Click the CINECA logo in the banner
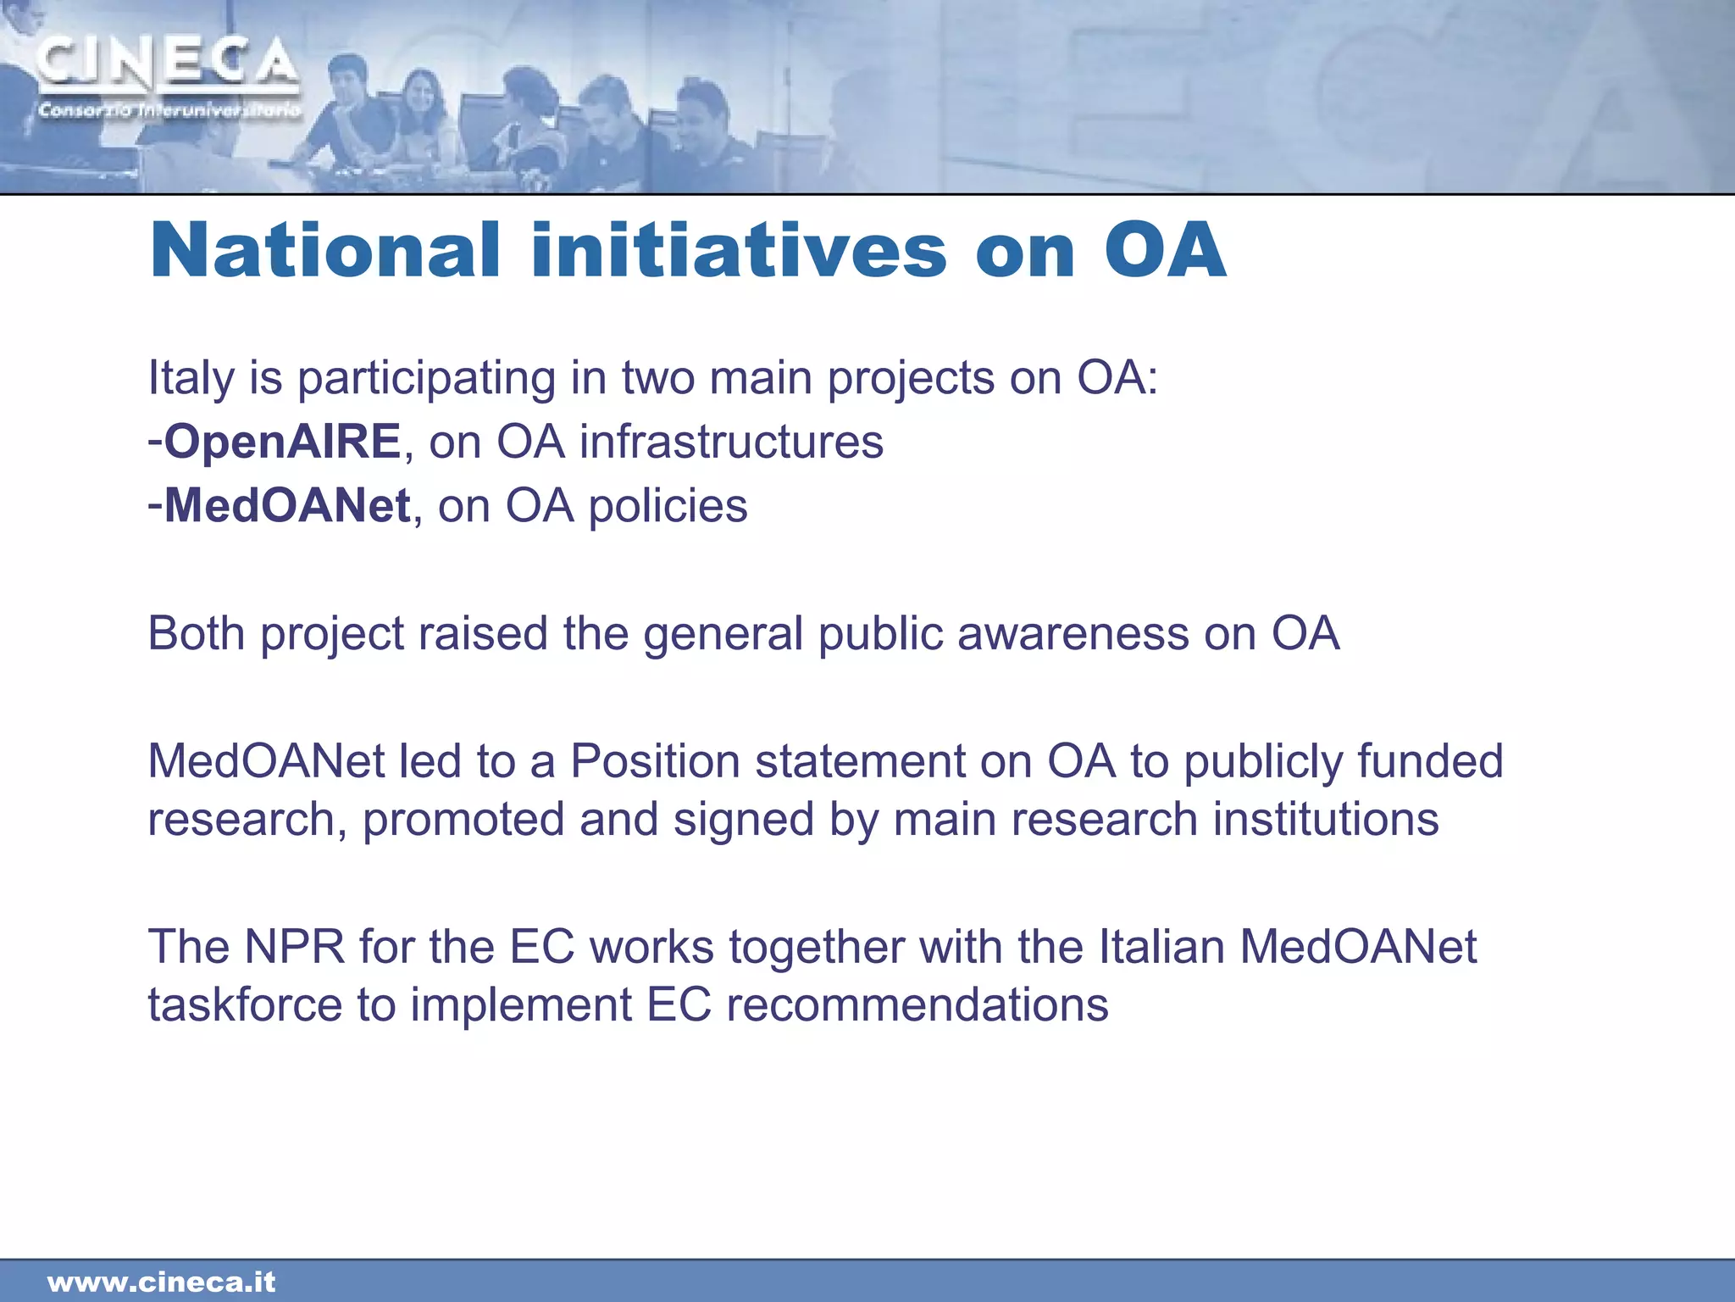167,64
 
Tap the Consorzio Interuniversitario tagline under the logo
169,111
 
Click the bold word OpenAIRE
281,442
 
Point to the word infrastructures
731,442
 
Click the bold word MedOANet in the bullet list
287,506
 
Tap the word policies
668,506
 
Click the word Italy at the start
190,378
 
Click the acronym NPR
295,946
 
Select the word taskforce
245,1004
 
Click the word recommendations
917,1004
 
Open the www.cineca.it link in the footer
161,1282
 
